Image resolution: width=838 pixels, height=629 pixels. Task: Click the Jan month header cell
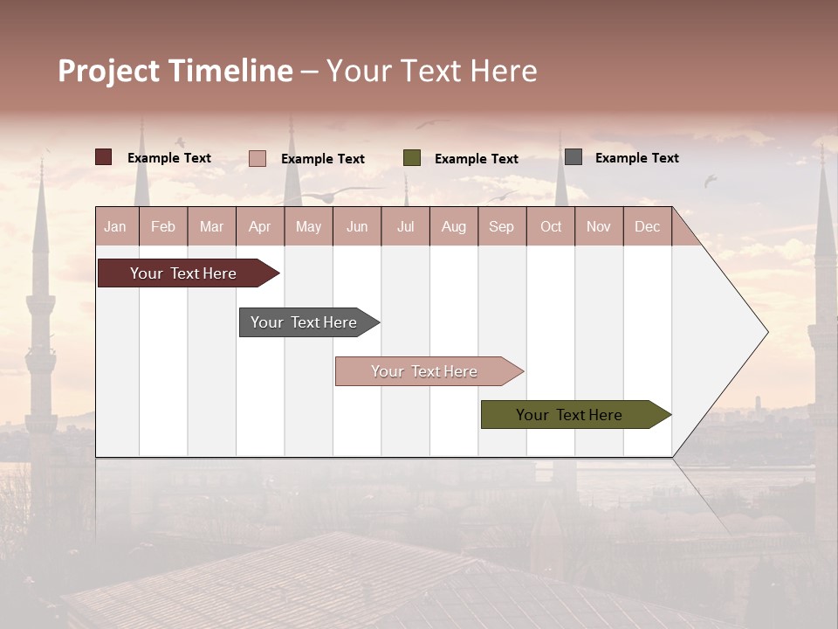coord(116,226)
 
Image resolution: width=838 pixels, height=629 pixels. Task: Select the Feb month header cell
coord(163,226)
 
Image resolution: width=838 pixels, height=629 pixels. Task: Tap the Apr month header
coord(260,226)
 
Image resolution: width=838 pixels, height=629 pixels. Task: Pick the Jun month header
coord(357,226)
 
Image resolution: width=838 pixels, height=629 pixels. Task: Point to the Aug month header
coord(454,226)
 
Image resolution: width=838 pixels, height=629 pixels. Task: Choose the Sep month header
coord(502,226)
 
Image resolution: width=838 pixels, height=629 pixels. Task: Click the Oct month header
coord(551,226)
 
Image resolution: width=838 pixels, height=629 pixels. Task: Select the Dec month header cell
coord(648,226)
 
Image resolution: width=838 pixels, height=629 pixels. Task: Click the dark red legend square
coord(104,157)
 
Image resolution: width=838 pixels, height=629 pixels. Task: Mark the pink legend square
coord(258,158)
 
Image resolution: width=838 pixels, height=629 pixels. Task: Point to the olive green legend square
coord(412,158)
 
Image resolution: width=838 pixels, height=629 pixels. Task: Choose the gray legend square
coord(574,157)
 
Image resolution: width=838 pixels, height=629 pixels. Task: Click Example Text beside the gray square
coord(636,157)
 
